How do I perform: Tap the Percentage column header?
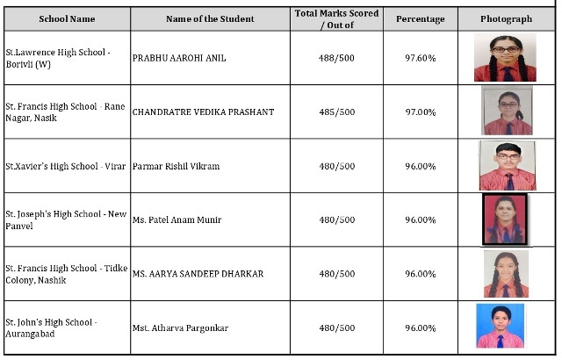pyautogui.click(x=420, y=18)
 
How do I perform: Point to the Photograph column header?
pyautogui.click(x=507, y=18)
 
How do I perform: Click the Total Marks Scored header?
pyautogui.click(x=337, y=18)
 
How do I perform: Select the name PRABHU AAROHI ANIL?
pyautogui.click(x=178, y=58)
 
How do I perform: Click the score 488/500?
pyautogui.click(x=337, y=58)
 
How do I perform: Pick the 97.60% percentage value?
pyautogui.click(x=420, y=58)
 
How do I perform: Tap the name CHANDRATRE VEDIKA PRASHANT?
pyautogui.click(x=203, y=112)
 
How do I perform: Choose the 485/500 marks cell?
pyautogui.click(x=337, y=112)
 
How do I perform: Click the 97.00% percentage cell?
pyautogui.click(x=420, y=112)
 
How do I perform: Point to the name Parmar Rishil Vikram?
pyautogui.click(x=176, y=166)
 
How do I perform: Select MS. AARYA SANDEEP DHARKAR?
pyautogui.click(x=198, y=274)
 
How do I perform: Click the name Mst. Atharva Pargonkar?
pyautogui.click(x=180, y=328)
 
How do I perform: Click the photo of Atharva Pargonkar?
pyautogui.click(x=500, y=327)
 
